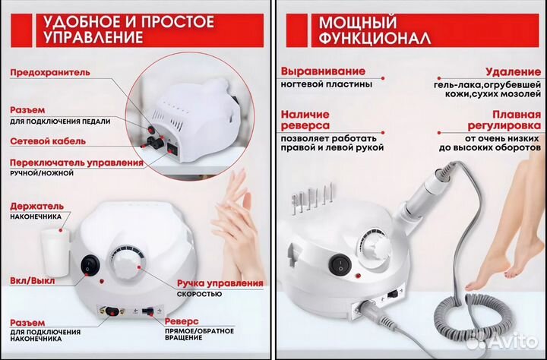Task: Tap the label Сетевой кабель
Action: tap(47, 141)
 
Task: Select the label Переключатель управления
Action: tap(77, 163)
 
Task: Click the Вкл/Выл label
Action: tap(30, 280)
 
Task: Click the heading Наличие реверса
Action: tap(305, 119)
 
